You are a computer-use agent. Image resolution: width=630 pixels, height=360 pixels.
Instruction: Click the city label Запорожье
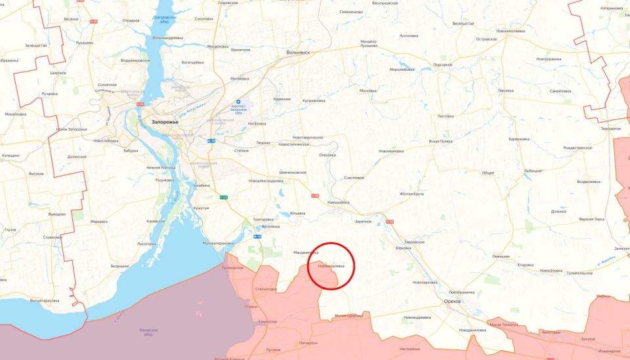coord(165,121)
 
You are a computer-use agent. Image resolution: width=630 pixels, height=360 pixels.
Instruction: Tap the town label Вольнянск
coord(299,52)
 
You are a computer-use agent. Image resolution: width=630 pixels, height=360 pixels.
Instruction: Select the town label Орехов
coord(452,300)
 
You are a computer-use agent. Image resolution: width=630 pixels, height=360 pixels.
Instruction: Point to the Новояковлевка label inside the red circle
coord(331,266)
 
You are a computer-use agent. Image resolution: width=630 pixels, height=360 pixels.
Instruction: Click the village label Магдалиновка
coord(305,252)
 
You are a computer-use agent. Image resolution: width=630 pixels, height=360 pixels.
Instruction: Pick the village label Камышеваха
coord(339,203)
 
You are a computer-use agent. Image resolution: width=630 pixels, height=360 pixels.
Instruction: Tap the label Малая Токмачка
coord(503,324)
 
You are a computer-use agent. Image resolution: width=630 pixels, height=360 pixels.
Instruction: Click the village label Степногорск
coord(266,289)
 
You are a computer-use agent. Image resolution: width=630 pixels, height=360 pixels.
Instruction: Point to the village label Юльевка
coord(298,212)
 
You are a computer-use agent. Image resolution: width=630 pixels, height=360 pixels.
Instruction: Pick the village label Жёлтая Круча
coord(411,194)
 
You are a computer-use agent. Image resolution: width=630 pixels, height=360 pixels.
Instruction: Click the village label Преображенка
coord(462,292)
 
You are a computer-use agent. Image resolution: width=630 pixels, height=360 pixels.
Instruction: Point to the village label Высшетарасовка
coord(45,300)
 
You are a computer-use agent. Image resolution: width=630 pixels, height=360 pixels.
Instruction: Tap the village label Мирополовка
coord(402,69)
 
